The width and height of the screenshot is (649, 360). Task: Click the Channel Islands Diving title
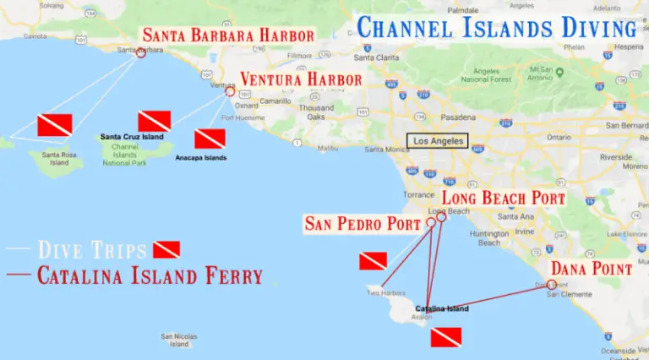click(x=497, y=28)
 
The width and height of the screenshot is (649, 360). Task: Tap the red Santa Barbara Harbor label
click(x=228, y=35)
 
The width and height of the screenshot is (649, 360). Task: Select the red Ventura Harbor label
click(x=301, y=79)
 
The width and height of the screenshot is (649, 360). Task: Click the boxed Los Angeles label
click(x=436, y=141)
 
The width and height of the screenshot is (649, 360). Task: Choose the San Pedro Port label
click(x=363, y=224)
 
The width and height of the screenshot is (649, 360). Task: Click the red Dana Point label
click(x=589, y=269)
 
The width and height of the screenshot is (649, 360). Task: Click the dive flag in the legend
click(x=166, y=249)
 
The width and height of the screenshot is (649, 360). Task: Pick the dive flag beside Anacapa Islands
click(x=210, y=139)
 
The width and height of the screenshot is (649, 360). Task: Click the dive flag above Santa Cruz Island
click(x=155, y=121)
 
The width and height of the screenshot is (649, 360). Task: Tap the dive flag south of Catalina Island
click(x=445, y=337)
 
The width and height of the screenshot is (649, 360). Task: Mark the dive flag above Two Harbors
click(x=373, y=260)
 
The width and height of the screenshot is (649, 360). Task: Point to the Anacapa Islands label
click(x=200, y=157)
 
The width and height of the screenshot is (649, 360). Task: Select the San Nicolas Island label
click(x=179, y=340)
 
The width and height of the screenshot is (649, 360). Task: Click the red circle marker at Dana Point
click(x=552, y=284)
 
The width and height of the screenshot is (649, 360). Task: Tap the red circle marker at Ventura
click(x=230, y=92)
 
